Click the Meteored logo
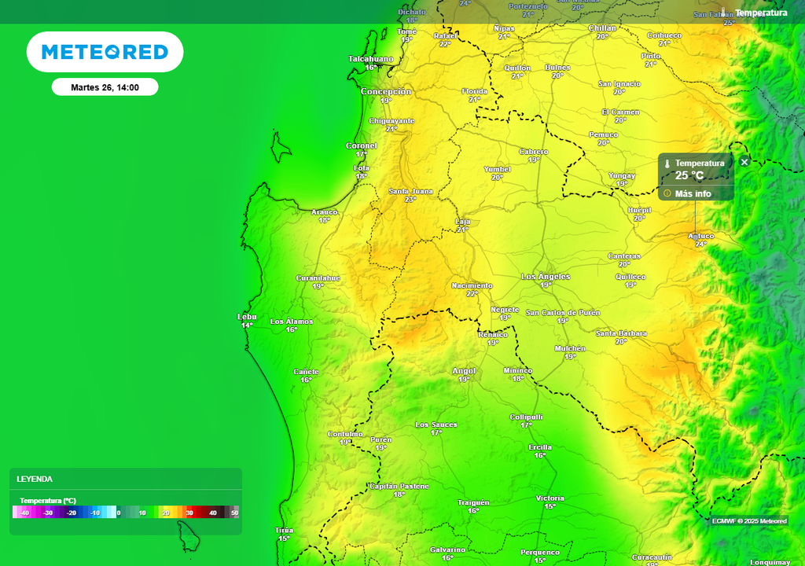point(105,52)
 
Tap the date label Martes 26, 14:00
point(105,87)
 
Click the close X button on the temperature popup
point(744,162)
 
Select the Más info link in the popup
point(693,193)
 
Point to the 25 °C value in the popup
point(689,175)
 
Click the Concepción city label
point(386,91)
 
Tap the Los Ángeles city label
point(546,277)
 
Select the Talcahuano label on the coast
point(371,59)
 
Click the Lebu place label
point(247,317)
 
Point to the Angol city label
point(464,371)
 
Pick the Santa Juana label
point(410,191)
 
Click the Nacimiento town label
point(472,285)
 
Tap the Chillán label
point(602,28)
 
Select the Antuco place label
point(700,236)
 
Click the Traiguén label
point(473,502)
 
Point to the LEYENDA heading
point(35,479)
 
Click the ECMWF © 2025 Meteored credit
point(749,521)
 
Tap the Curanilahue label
point(318,278)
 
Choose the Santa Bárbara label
point(621,333)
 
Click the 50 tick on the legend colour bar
point(234,513)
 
